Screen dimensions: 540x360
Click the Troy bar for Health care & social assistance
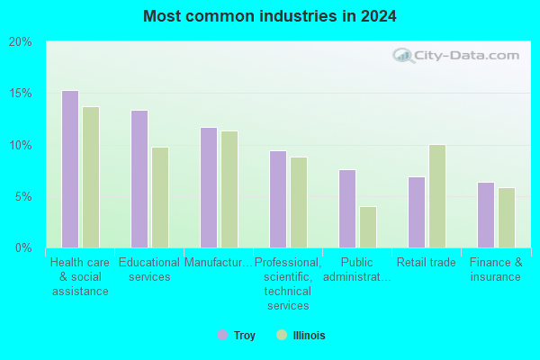[x=70, y=169]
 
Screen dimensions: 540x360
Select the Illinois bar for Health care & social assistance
[x=91, y=177]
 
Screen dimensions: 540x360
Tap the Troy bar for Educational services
[x=139, y=179]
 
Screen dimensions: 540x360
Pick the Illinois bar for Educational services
[x=160, y=197]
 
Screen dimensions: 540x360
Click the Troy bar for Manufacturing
[x=209, y=187]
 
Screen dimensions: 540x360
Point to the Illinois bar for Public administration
[x=368, y=227]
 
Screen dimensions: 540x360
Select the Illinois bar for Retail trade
[x=437, y=196]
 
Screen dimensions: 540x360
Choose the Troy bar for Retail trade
[x=417, y=212]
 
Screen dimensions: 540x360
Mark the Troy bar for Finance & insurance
[x=486, y=215]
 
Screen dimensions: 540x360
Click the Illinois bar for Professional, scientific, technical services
[x=299, y=202]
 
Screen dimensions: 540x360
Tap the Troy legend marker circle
[x=222, y=335]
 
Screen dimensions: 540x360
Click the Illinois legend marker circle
[x=282, y=335]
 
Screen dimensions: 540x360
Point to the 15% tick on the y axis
[x=21, y=94]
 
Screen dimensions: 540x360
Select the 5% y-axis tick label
[x=23, y=197]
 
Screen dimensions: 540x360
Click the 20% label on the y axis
[x=21, y=42]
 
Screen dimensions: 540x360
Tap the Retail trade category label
[x=427, y=263]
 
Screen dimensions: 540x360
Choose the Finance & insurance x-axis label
[x=496, y=269]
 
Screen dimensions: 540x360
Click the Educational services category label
[x=149, y=269]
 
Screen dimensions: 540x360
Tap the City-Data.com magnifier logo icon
[x=403, y=56]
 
